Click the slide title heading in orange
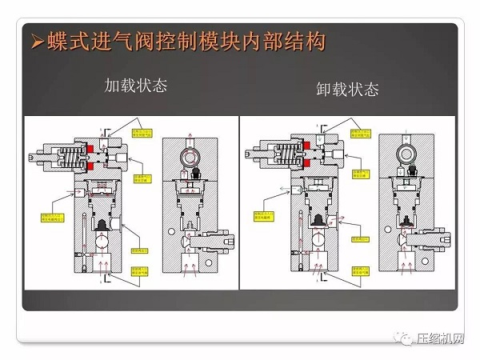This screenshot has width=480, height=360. (x=185, y=41)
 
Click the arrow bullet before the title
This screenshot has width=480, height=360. (x=34, y=42)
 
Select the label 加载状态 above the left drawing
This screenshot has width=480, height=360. (x=136, y=86)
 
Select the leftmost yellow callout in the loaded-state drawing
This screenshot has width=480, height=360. (x=50, y=217)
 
